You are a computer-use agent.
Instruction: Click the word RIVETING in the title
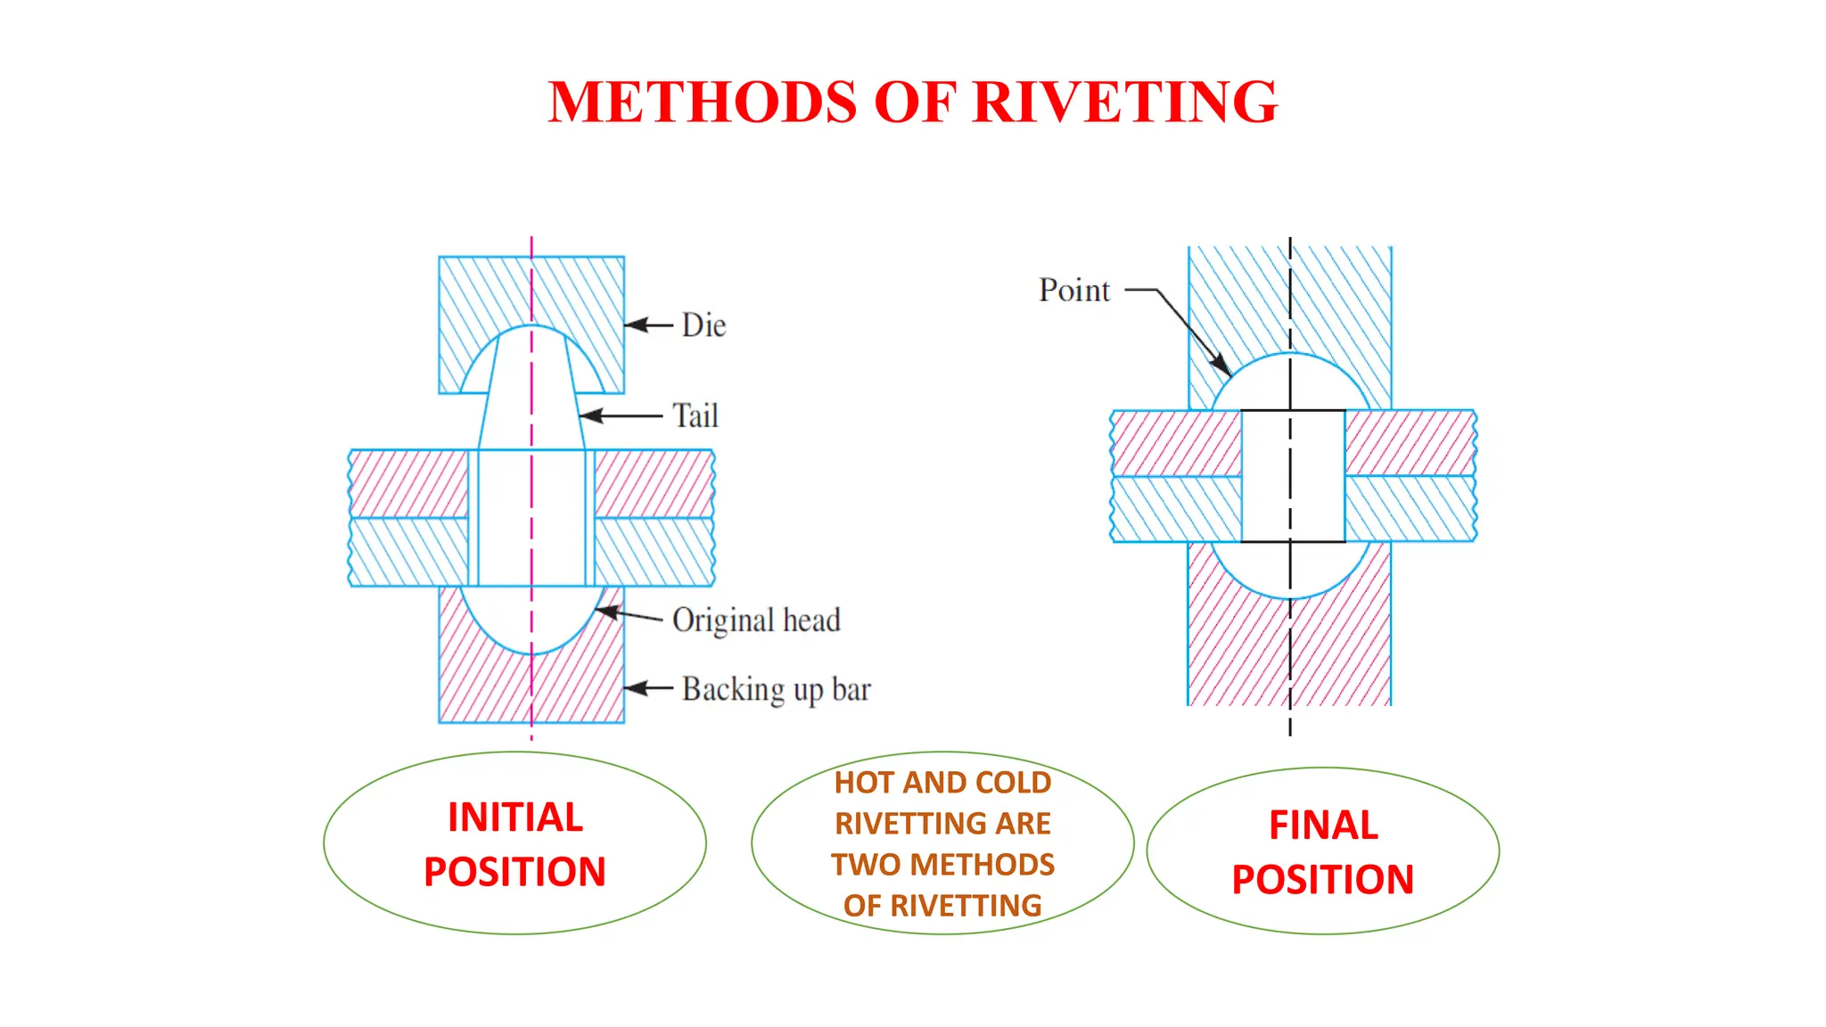(x=1125, y=102)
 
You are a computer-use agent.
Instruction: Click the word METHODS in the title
(x=703, y=102)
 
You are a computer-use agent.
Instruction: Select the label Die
(x=703, y=325)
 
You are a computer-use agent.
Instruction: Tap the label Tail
(x=695, y=416)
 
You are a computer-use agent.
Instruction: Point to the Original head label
(x=756, y=620)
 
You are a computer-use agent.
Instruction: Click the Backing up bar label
(x=776, y=690)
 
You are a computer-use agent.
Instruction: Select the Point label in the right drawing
(x=1073, y=291)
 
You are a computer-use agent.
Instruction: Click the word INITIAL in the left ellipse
(x=515, y=817)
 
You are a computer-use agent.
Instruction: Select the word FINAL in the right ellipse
(x=1323, y=826)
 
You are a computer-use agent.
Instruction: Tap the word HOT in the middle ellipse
(x=864, y=783)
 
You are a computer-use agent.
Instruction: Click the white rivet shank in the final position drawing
(x=1292, y=476)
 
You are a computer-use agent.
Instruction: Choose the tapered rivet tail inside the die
(x=531, y=392)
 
